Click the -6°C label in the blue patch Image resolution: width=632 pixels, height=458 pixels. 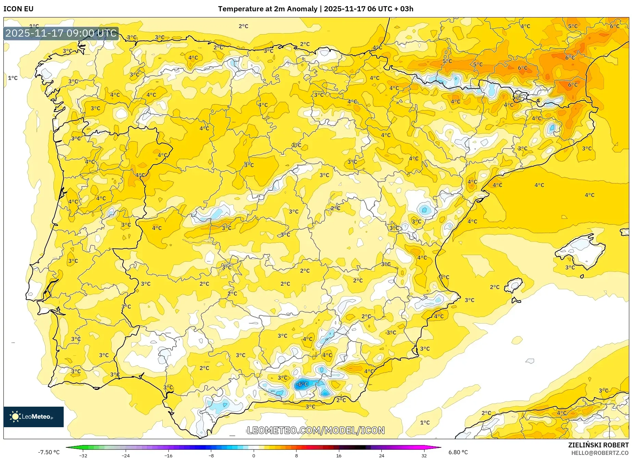coord(302,384)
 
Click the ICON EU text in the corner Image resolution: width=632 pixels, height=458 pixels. coord(18,9)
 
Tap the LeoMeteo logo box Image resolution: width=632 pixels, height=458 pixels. coord(34,417)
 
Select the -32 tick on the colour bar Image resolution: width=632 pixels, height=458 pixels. coord(83,455)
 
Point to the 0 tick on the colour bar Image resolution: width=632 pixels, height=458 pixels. coord(254,455)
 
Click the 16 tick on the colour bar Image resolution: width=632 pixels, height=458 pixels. coord(339,455)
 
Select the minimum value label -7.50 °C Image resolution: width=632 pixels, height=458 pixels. coord(49,452)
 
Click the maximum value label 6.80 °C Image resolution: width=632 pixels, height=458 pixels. coord(458,452)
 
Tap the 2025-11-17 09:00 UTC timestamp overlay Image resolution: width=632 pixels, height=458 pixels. coord(61,33)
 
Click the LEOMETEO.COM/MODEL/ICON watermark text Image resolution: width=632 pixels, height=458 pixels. coord(316,430)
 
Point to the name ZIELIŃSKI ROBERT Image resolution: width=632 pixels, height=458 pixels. coord(598,445)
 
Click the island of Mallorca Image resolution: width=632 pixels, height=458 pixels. coord(580,250)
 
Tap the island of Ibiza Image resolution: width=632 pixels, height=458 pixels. coord(515,285)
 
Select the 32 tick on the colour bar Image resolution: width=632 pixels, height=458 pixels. coord(424,455)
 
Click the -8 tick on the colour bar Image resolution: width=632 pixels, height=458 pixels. coord(211,455)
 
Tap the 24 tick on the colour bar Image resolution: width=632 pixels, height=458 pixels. coord(381,455)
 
